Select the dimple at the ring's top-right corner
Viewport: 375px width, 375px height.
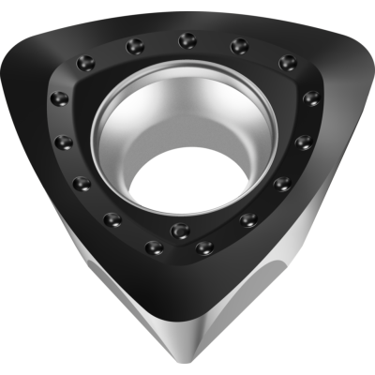click(x=288, y=62)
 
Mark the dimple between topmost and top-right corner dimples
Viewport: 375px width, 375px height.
click(x=239, y=44)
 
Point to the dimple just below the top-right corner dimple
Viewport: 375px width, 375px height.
click(x=310, y=97)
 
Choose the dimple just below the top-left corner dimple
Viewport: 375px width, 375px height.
click(x=62, y=98)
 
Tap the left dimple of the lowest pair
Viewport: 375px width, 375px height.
click(x=155, y=248)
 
